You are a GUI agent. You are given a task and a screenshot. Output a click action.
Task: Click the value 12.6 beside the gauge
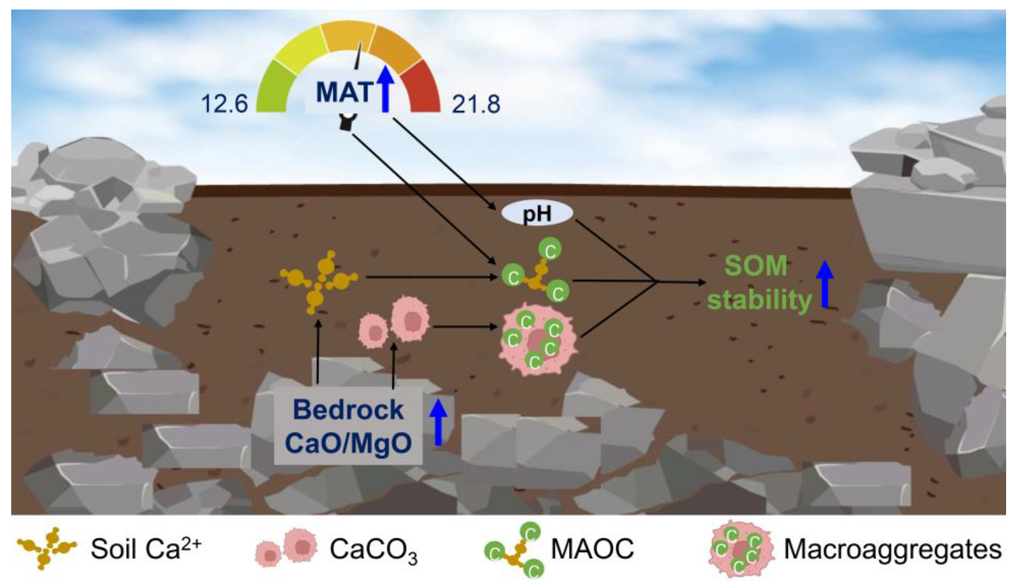pos(224,104)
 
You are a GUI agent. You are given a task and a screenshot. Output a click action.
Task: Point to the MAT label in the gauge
pos(344,92)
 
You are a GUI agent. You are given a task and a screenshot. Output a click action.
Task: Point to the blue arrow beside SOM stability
pos(825,284)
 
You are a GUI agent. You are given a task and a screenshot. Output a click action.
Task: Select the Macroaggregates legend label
pos(892,549)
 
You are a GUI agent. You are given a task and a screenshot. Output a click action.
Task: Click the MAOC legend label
pos(592,549)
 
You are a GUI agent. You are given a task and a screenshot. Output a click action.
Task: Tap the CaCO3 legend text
pos(373,550)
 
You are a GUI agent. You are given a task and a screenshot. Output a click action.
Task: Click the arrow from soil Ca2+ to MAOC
pos(430,277)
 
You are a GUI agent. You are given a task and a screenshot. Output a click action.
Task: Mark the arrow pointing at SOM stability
pos(683,282)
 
